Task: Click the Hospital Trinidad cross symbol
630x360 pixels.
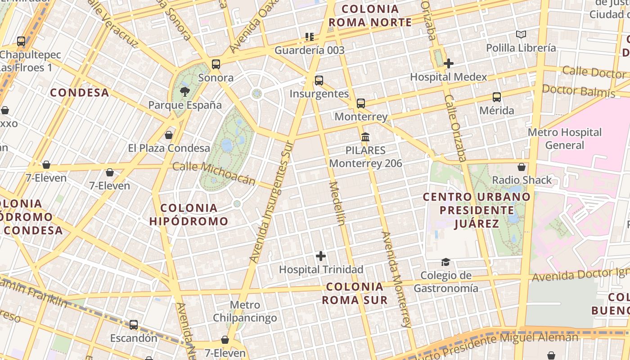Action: tap(321, 256)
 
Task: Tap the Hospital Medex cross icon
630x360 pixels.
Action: tap(448, 63)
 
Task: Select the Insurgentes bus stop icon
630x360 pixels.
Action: tap(319, 81)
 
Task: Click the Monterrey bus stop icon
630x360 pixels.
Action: tap(361, 103)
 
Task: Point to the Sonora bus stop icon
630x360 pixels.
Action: tap(216, 64)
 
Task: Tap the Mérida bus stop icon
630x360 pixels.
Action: tap(497, 97)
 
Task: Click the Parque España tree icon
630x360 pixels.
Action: tap(184, 92)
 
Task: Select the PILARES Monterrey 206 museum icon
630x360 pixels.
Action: tap(365, 137)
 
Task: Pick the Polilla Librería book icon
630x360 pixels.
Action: tap(521, 34)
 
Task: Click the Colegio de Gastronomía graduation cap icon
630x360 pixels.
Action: tap(445, 262)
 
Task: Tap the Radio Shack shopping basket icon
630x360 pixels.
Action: tap(522, 167)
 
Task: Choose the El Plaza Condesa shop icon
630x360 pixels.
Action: tap(169, 135)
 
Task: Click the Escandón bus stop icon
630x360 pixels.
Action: tap(134, 324)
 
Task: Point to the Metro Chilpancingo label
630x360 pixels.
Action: tap(245, 311)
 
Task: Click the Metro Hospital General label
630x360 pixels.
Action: tap(564, 139)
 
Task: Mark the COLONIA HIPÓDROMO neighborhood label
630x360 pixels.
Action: tap(189, 215)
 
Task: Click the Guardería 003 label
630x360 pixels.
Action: tap(309, 50)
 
